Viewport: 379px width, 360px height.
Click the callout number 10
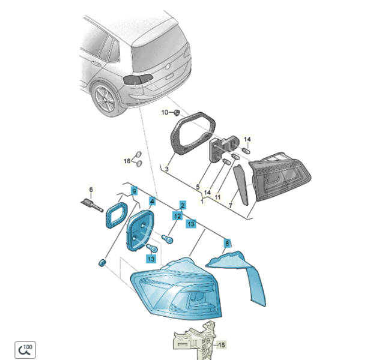tap(165, 113)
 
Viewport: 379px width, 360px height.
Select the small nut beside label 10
tap(177, 112)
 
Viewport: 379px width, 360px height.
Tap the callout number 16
tap(127, 161)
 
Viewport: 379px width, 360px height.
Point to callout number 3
tap(166, 169)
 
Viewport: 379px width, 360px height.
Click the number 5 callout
tap(198, 187)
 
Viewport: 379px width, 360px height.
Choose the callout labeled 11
tap(217, 197)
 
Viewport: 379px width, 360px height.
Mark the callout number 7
tap(231, 205)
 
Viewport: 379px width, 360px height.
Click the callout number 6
tap(91, 190)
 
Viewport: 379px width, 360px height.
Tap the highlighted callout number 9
tap(134, 191)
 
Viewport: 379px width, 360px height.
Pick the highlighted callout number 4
tap(153, 201)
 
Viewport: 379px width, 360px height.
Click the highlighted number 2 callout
tap(183, 205)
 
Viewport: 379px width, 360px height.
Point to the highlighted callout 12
tap(177, 216)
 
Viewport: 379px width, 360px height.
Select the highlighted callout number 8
tap(227, 244)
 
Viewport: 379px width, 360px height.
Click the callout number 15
tap(222, 345)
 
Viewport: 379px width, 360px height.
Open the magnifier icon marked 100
tap(25, 350)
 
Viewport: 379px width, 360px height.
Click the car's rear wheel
tap(106, 98)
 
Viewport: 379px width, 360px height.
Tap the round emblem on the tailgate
tap(168, 66)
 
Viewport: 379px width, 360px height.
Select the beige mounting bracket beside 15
tap(194, 340)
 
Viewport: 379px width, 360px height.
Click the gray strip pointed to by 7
tap(241, 185)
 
